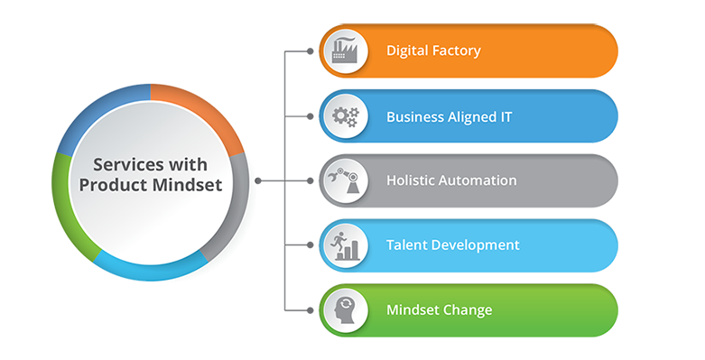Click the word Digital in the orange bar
click(x=407, y=51)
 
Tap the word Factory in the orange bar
click(x=456, y=51)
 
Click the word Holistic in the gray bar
click(x=412, y=180)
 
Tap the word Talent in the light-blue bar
click(x=406, y=245)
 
